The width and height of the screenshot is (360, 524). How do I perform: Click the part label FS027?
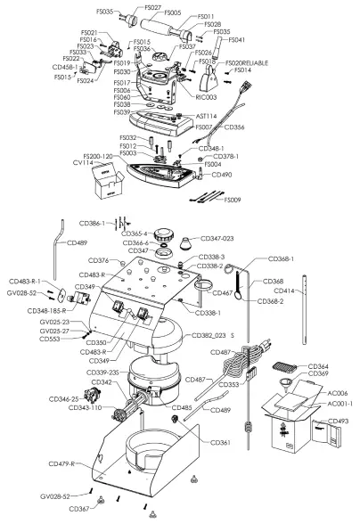click(152, 7)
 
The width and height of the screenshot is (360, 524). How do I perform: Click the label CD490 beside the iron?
click(221, 175)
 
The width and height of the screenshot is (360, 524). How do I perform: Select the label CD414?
click(309, 291)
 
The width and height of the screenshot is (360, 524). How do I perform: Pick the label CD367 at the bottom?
click(80, 510)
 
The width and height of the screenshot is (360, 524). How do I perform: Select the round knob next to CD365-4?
click(164, 236)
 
